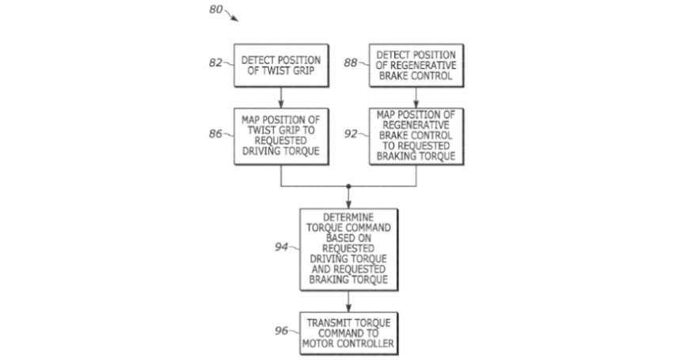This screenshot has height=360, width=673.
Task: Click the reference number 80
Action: tap(214, 10)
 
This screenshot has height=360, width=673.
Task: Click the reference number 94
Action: tap(281, 248)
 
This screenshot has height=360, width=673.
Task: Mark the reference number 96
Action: tap(281, 331)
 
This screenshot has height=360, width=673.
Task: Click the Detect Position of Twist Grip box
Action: tap(281, 65)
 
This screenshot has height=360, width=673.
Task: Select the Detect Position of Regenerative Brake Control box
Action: tap(417, 65)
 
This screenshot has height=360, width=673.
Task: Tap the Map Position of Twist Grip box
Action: tap(281, 136)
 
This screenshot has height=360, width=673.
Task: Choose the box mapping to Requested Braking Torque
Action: tap(417, 136)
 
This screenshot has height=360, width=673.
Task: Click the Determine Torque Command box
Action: tap(348, 248)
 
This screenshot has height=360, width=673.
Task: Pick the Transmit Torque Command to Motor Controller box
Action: tap(348, 334)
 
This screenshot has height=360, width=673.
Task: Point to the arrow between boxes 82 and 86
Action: tap(281, 97)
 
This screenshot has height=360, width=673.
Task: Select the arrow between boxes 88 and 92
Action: tap(417, 97)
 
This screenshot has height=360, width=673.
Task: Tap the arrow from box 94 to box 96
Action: tap(348, 301)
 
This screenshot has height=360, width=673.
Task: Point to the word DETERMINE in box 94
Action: tap(348, 215)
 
